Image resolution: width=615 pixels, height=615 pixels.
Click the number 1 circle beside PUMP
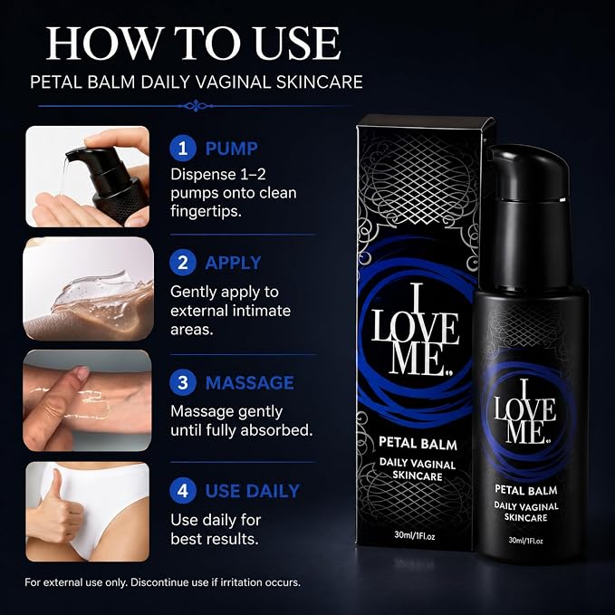click(183, 149)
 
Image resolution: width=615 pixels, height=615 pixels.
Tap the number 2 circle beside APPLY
click(183, 263)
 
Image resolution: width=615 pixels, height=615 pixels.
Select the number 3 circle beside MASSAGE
click(183, 382)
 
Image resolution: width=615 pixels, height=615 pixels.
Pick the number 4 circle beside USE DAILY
click(183, 491)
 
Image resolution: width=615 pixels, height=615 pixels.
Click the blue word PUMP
click(231, 149)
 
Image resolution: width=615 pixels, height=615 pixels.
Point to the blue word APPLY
click(233, 263)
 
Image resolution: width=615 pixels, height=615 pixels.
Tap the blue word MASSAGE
click(249, 383)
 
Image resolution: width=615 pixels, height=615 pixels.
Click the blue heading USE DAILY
click(252, 491)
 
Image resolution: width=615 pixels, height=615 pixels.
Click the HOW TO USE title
click(193, 43)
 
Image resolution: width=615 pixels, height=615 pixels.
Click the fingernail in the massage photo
click(82, 373)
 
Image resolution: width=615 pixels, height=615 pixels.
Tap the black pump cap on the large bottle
click(528, 172)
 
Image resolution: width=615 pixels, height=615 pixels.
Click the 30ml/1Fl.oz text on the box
click(415, 536)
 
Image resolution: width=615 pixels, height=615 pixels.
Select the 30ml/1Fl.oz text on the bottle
click(525, 540)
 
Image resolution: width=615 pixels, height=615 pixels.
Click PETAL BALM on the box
click(418, 443)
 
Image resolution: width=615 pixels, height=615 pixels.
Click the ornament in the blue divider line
click(195, 105)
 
